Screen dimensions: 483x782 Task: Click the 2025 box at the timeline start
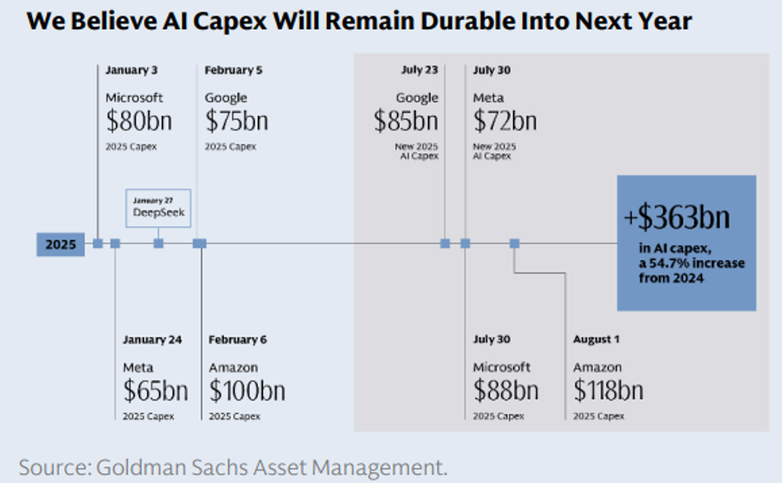60,244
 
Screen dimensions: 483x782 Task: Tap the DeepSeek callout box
158,207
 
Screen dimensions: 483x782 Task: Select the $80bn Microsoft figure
138,121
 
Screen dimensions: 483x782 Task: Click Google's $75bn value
236,121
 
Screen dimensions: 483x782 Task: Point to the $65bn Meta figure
155,391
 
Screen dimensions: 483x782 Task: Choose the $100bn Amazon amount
247,391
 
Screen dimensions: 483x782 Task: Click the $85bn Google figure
406,121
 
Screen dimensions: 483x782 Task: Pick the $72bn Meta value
505,121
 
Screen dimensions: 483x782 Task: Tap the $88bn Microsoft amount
505,391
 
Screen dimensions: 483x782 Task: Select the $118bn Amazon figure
608,391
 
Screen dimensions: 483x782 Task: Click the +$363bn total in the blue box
678,218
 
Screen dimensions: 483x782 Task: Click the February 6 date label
237,340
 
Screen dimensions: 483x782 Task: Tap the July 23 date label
419,70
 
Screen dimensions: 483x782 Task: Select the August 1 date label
596,340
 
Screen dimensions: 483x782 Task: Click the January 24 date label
151,340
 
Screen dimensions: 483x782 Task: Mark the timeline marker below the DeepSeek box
158,243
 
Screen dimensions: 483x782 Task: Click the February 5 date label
233,70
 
